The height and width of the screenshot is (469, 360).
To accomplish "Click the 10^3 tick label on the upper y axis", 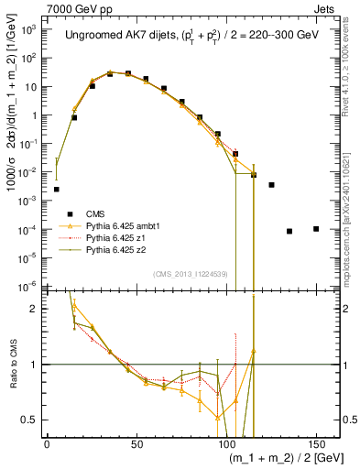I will tap(27, 30).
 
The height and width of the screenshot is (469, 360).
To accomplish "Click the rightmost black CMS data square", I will tap(316, 228).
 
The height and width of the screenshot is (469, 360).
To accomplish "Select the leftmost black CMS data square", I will tap(56, 189).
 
